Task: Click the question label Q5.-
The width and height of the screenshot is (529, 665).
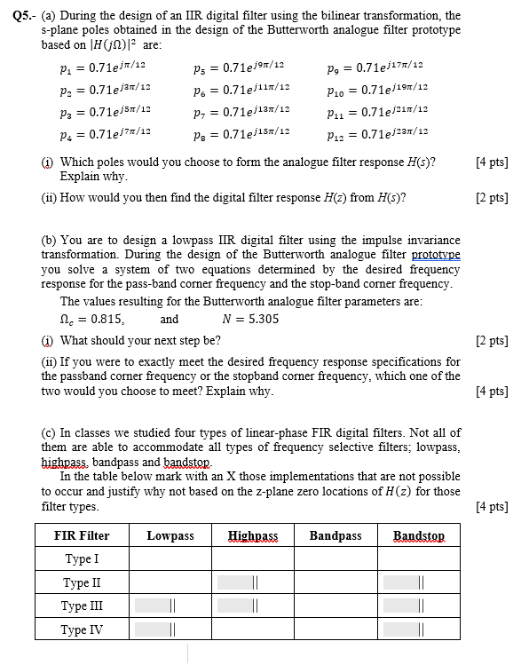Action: (x=20, y=16)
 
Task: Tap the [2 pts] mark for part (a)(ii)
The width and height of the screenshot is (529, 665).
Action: (x=492, y=197)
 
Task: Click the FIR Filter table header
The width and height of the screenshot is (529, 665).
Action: (x=82, y=535)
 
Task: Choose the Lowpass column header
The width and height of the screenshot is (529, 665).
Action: (x=170, y=535)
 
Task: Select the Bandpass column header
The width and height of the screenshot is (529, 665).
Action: (x=335, y=535)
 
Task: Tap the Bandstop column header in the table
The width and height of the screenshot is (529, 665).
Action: (x=419, y=535)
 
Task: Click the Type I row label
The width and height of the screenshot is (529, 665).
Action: (x=82, y=559)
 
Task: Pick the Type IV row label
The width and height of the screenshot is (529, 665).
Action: (x=82, y=629)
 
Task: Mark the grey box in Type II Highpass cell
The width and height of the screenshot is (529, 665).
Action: (x=233, y=583)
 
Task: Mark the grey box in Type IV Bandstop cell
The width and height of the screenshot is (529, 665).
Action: (x=401, y=629)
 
